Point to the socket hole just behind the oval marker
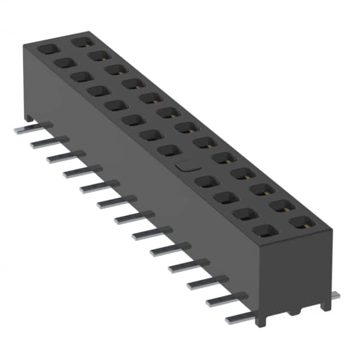click(167, 150)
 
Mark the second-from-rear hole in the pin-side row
click(64, 62)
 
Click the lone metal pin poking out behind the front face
click(335, 295)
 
